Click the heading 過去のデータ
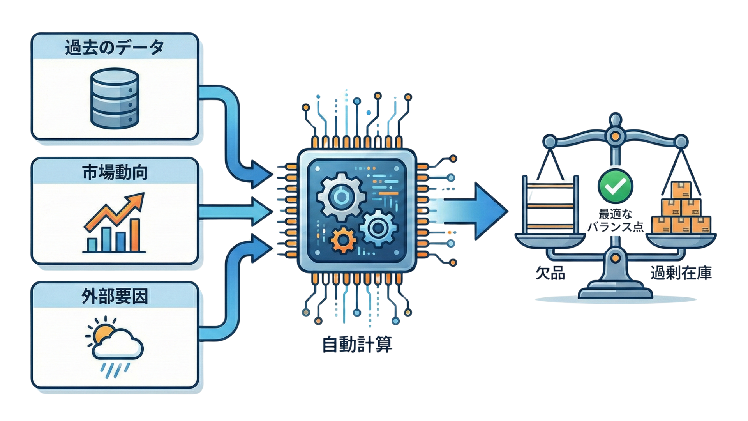(x=114, y=48)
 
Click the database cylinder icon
(x=115, y=98)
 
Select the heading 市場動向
(x=115, y=172)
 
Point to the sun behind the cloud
(x=102, y=333)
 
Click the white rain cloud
(x=119, y=346)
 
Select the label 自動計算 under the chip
(x=357, y=345)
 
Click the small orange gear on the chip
(x=343, y=240)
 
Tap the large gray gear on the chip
(x=341, y=197)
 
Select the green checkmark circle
(x=615, y=186)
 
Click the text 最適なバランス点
(x=615, y=220)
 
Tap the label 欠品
(x=550, y=273)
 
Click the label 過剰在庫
(x=681, y=273)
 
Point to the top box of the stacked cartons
(x=681, y=190)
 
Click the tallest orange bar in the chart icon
(x=135, y=235)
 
